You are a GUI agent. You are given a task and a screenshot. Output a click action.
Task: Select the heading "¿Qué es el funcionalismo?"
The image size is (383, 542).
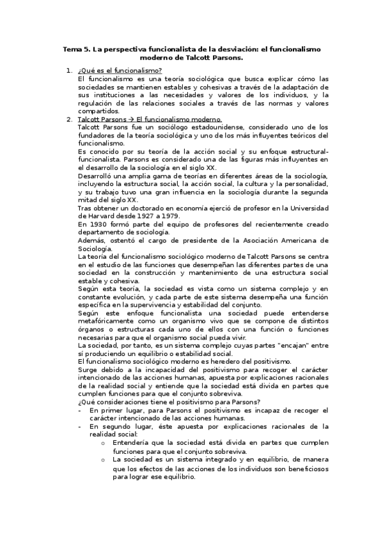pyautogui.click(x=120, y=70)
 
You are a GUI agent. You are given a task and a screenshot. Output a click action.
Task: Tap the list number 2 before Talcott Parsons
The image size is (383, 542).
pyautogui.click(x=69, y=119)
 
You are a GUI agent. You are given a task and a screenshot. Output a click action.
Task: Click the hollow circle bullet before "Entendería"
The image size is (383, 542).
pyautogui.click(x=103, y=442)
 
